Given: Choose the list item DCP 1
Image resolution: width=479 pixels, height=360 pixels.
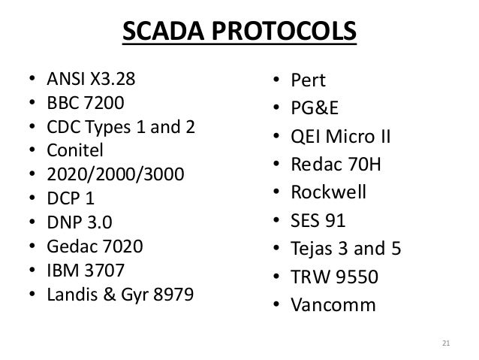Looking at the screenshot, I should tap(75, 198).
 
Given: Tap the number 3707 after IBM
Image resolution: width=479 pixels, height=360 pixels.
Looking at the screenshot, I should tap(104, 270).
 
